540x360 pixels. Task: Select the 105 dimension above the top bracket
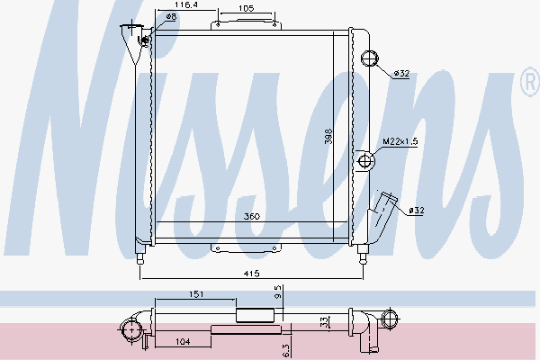(245, 8)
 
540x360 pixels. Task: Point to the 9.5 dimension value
(278, 292)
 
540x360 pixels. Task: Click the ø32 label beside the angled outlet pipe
(416, 211)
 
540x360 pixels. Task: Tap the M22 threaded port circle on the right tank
(365, 162)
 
